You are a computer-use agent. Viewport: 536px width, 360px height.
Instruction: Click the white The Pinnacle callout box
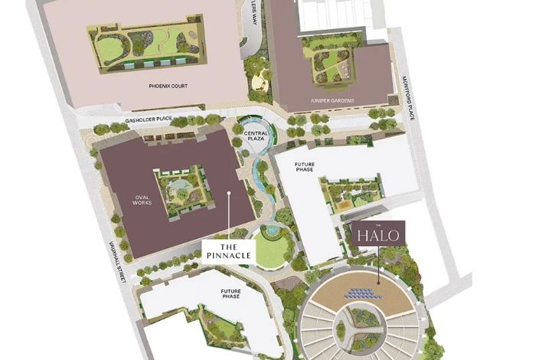tap(228, 250)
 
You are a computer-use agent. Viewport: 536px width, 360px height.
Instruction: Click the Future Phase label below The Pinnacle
tap(231, 294)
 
